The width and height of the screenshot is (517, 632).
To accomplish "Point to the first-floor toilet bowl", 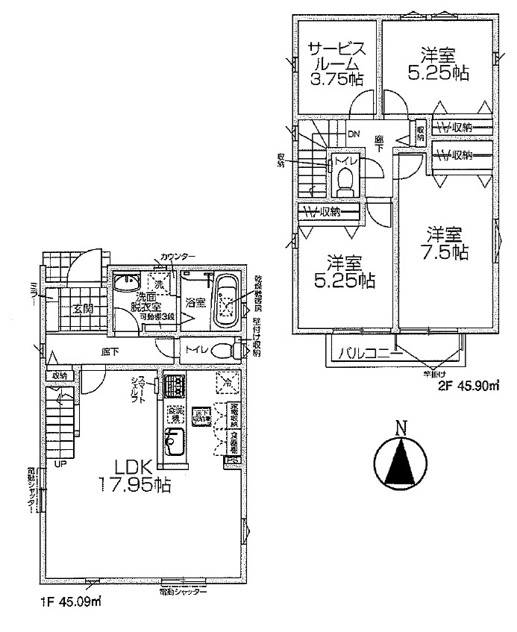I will point(223,351).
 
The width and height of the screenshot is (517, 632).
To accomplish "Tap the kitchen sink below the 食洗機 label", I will point(175,445).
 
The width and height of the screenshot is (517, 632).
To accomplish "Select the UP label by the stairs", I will point(59,464).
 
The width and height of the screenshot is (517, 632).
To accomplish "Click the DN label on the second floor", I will point(354,134).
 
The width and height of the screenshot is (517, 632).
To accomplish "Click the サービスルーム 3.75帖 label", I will point(336,65).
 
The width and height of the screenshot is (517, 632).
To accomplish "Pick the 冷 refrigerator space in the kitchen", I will point(226,381).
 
